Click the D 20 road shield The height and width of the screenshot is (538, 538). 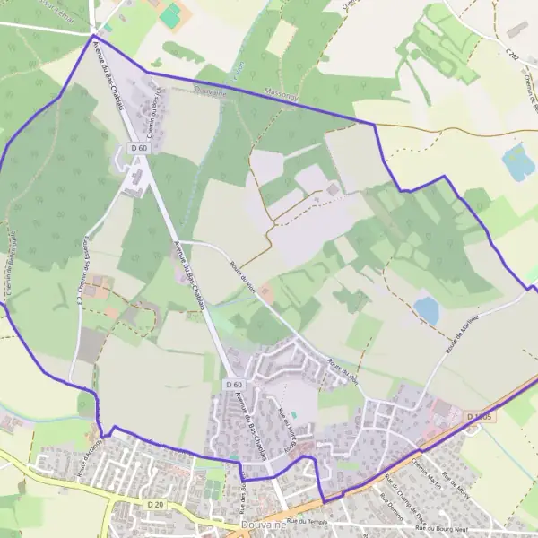[153, 505]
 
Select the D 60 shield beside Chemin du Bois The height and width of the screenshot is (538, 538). [138, 148]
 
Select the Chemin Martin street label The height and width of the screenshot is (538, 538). [428, 469]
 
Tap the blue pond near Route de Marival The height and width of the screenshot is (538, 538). [427, 310]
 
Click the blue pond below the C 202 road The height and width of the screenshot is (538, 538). [517, 163]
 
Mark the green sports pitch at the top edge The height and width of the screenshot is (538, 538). [170, 14]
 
